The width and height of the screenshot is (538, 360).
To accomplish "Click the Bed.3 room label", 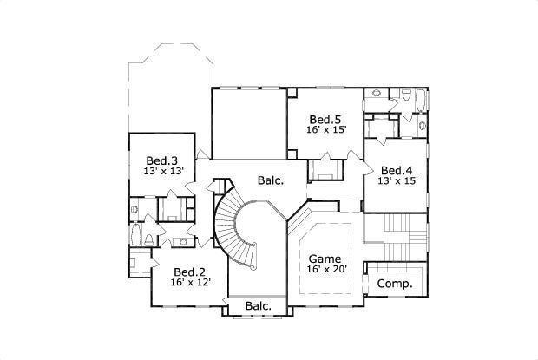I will pyautogui.click(x=161, y=161).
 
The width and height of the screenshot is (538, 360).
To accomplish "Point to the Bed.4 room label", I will pyautogui.click(x=397, y=170).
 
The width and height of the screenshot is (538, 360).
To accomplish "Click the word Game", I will pyautogui.click(x=325, y=259).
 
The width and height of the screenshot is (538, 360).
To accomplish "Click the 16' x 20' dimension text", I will pyautogui.click(x=325, y=270).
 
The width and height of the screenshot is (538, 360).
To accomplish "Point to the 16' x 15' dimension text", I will pyautogui.click(x=325, y=130).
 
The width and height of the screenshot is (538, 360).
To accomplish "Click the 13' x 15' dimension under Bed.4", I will pyautogui.click(x=397, y=181).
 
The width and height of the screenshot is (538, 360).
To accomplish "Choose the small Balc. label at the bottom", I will pyautogui.click(x=258, y=306).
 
